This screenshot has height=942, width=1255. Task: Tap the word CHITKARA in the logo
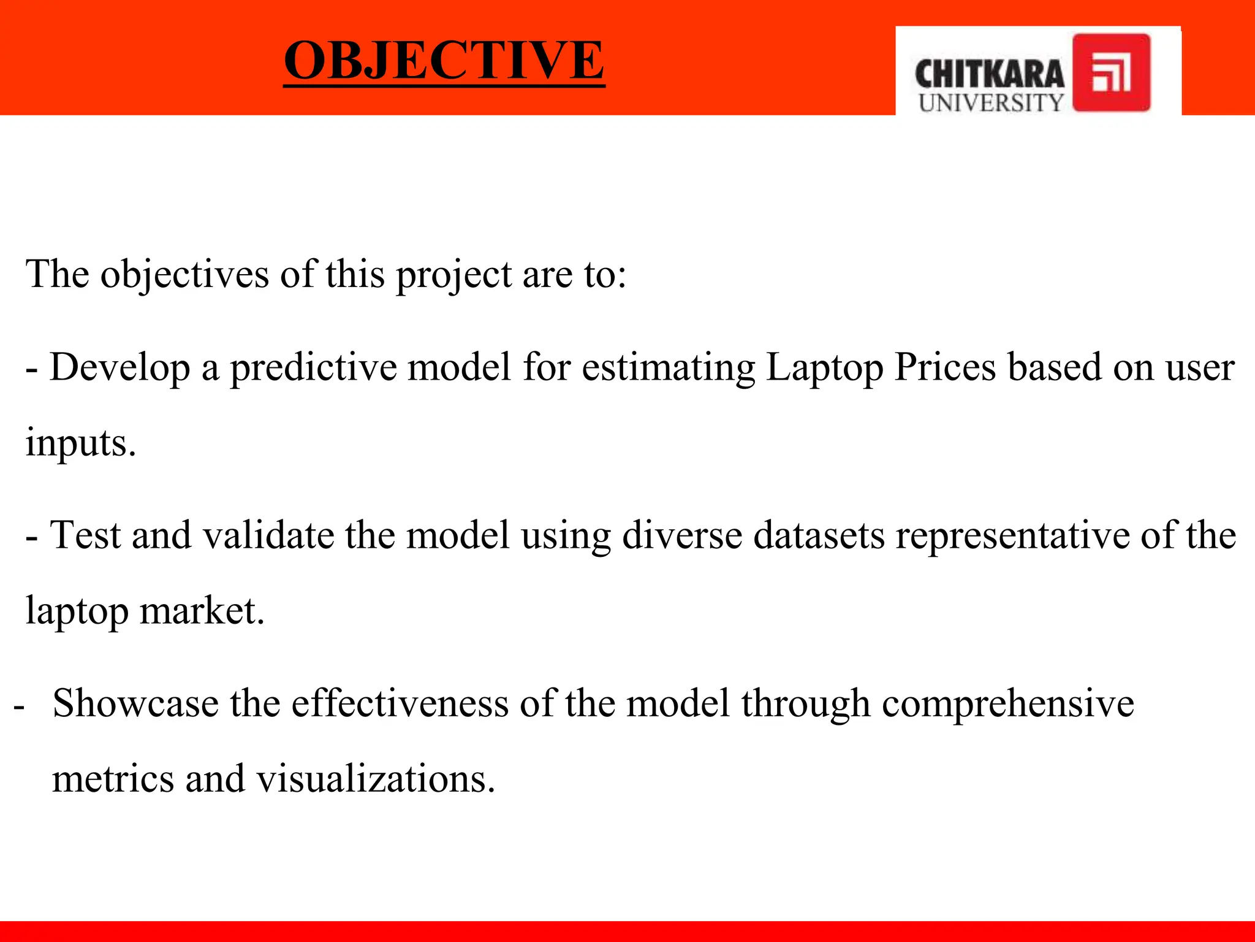[989, 75]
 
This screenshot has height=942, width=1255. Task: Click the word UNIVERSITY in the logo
[991, 103]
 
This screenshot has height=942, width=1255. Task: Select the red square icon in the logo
[1111, 72]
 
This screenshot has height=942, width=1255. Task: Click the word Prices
[945, 367]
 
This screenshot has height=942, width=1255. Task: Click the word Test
[85, 535]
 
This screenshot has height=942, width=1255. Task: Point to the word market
[202, 611]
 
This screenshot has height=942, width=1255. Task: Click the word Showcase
[135, 703]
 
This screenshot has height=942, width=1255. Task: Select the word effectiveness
[400, 703]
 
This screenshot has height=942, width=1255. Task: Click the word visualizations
[375, 779]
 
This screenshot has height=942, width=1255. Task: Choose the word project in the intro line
[453, 275]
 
